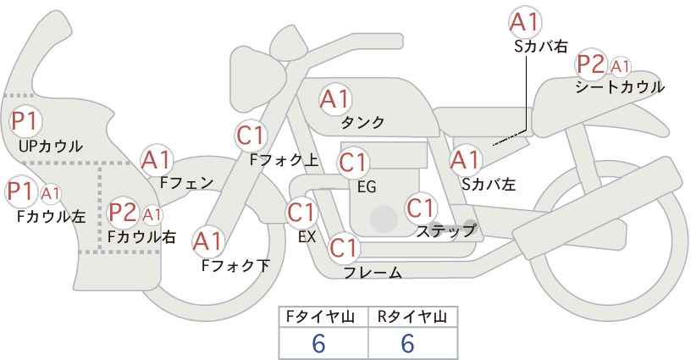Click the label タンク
tap(362, 123)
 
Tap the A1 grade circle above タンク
tap(334, 99)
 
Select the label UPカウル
tap(51, 146)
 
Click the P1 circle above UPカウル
tap(24, 120)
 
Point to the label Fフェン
tap(186, 181)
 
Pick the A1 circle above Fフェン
tap(157, 159)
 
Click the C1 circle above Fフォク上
tap(251, 135)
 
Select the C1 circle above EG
tap(353, 162)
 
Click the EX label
tap(307, 236)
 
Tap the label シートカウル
tap(619, 86)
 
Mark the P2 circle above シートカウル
tap(590, 64)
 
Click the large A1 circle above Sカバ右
tap(525, 22)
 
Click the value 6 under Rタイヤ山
tap(407, 343)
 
